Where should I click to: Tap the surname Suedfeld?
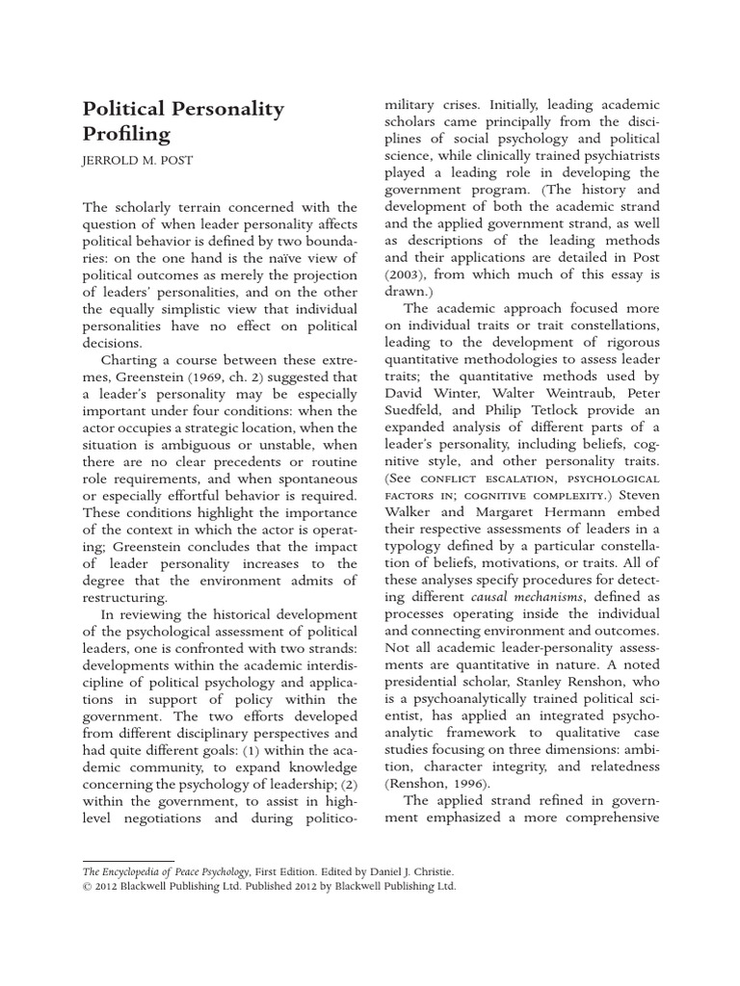tap(419, 411)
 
